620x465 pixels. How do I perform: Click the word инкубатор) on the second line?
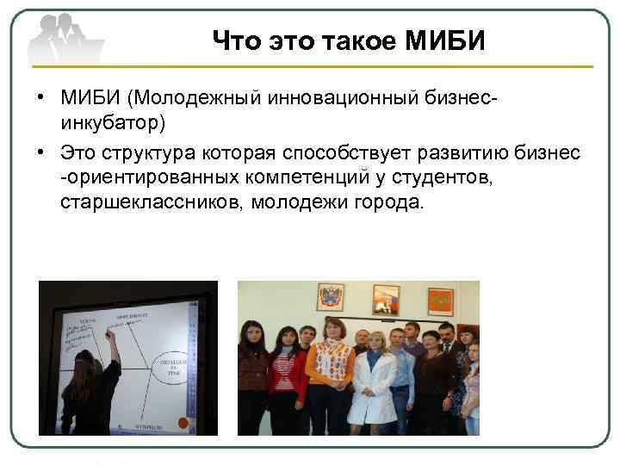pos(113,121)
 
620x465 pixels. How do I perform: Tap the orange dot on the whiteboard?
pos(181,423)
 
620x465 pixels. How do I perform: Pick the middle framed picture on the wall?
pos(385,300)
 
